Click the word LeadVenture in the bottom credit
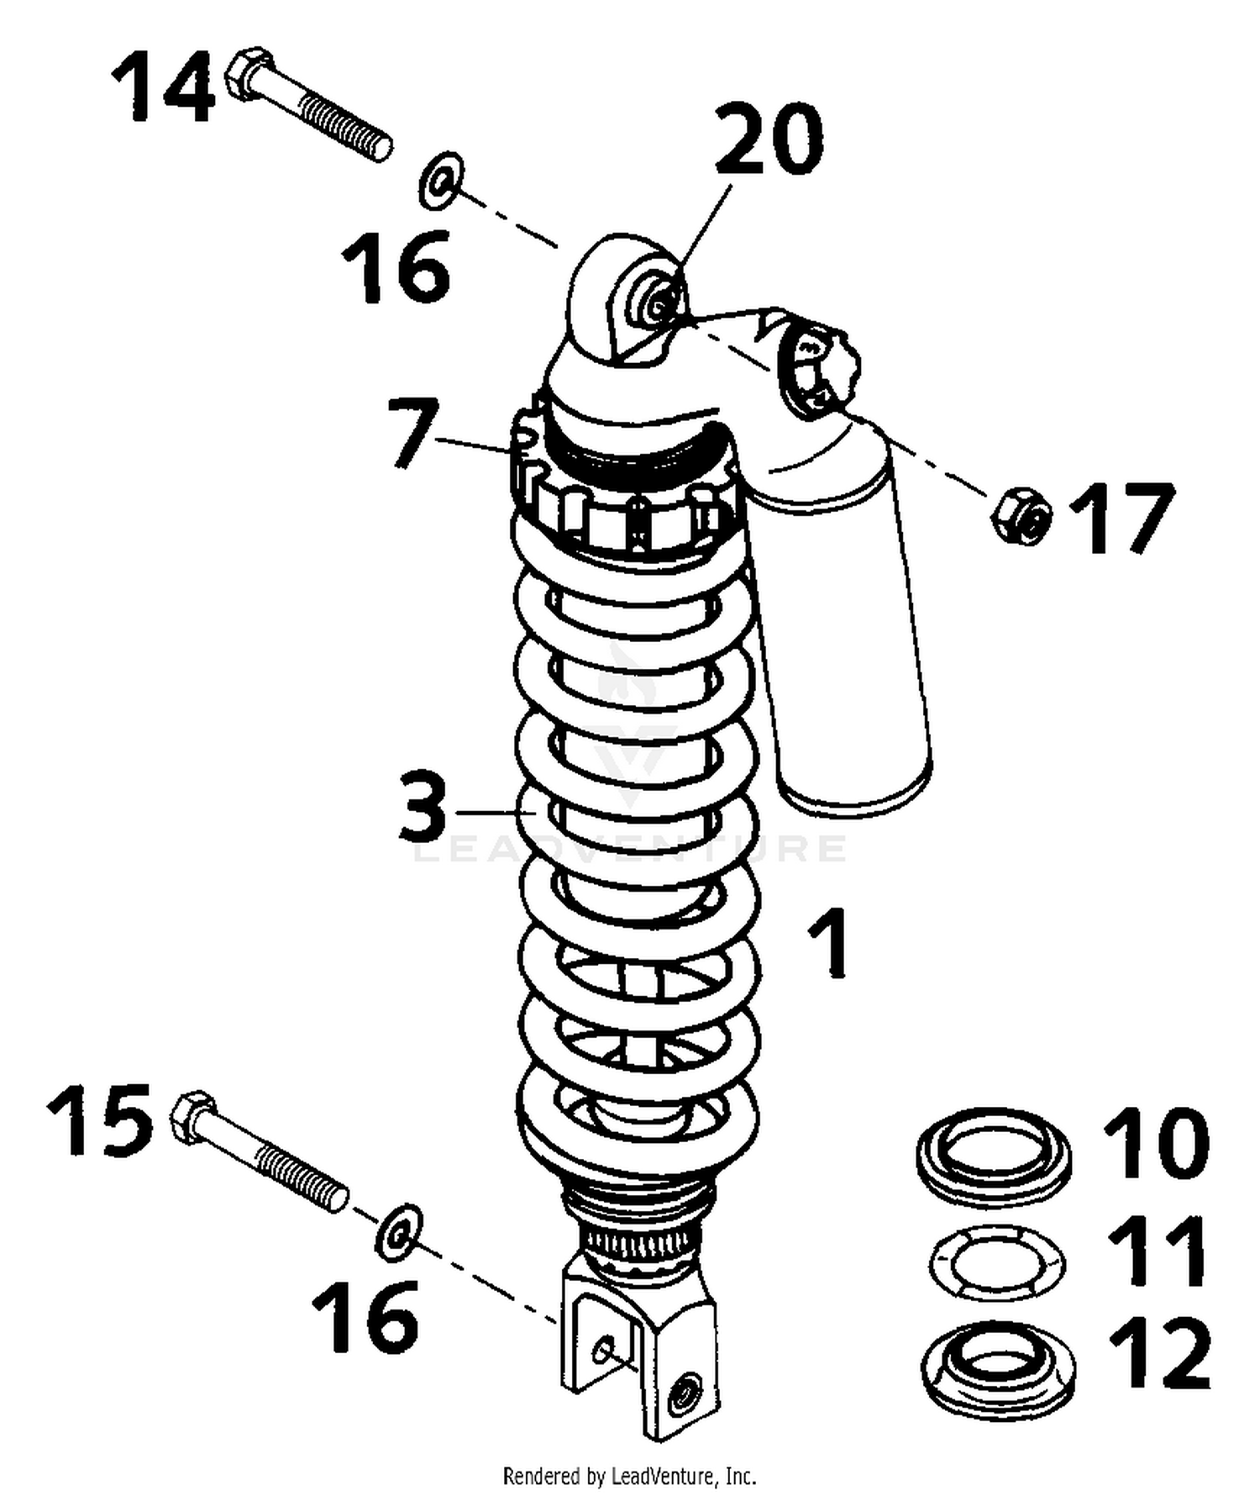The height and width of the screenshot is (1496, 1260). (655, 1476)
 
